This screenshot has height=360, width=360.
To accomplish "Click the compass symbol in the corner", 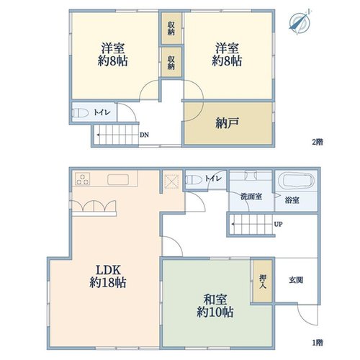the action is [300, 22].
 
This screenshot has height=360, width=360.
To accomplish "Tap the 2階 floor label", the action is [318, 142].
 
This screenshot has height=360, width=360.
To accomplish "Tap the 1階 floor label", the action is [318, 342].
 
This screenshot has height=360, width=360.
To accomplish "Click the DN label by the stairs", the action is [144, 135].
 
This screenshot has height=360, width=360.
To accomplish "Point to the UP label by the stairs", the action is [278, 224].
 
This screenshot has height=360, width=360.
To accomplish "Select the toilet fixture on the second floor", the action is [81, 112].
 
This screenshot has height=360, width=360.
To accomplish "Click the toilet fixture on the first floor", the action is [194, 179].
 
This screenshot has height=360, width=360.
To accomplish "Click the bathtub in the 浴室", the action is [299, 181].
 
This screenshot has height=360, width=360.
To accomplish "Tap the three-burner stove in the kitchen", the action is [83, 179].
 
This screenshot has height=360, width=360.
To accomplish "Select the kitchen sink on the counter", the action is [118, 179].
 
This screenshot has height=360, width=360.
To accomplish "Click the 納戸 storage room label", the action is [227, 123].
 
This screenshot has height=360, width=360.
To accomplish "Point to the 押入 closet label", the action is [263, 282].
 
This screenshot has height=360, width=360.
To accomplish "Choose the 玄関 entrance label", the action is [296, 280].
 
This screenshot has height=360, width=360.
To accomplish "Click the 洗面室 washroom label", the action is [251, 197].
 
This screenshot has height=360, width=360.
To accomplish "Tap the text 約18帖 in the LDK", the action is [108, 282].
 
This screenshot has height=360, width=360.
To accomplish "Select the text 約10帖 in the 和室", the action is [215, 312].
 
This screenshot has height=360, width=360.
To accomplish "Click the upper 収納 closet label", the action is [171, 28].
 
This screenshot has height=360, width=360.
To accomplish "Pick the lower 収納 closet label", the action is [171, 63].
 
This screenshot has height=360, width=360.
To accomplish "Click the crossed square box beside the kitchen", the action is [171, 181].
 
